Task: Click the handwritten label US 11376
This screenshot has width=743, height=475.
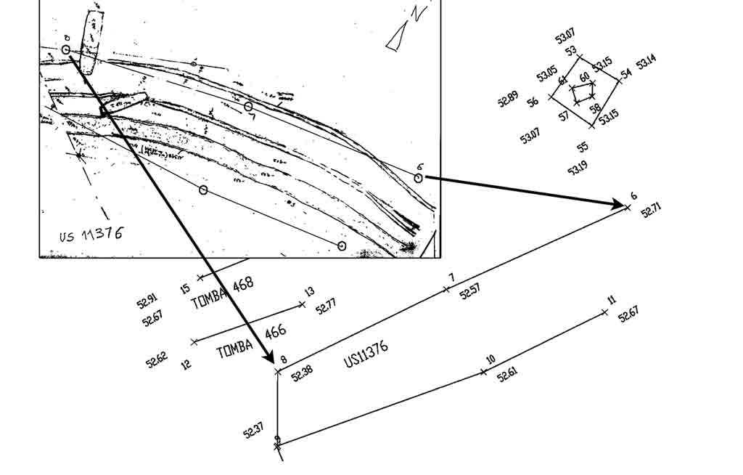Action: (91, 235)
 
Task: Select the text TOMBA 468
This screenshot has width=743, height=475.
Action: (222, 293)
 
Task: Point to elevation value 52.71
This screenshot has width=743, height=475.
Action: (651, 211)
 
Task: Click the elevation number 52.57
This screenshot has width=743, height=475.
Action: (469, 291)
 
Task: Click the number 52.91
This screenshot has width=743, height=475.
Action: (147, 301)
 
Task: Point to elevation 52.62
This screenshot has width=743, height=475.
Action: (156, 359)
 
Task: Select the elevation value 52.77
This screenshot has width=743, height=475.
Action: (326, 306)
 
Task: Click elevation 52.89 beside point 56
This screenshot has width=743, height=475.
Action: (508, 99)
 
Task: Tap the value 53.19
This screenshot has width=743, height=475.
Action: (578, 169)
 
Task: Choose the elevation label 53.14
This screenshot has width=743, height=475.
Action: (646, 64)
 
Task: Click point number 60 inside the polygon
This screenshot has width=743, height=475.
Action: (584, 77)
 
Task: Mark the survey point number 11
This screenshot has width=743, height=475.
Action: (612, 300)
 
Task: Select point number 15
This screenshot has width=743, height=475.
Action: (185, 289)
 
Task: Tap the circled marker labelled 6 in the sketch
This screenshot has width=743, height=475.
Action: (419, 177)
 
